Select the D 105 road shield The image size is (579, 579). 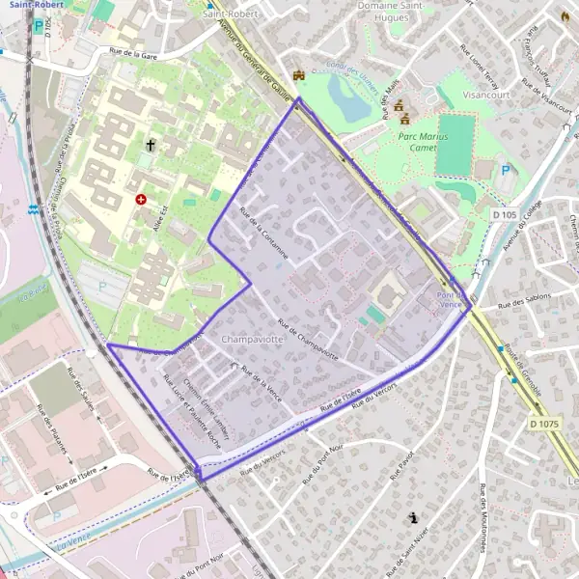[x=502, y=214]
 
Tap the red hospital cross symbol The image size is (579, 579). [x=142, y=199]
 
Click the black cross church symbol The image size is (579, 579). [x=151, y=146]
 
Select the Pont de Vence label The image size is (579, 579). [x=452, y=300]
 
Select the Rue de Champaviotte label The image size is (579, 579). [x=308, y=337]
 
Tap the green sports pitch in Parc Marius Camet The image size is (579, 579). [x=455, y=144]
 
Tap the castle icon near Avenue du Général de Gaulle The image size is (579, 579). [x=299, y=74]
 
